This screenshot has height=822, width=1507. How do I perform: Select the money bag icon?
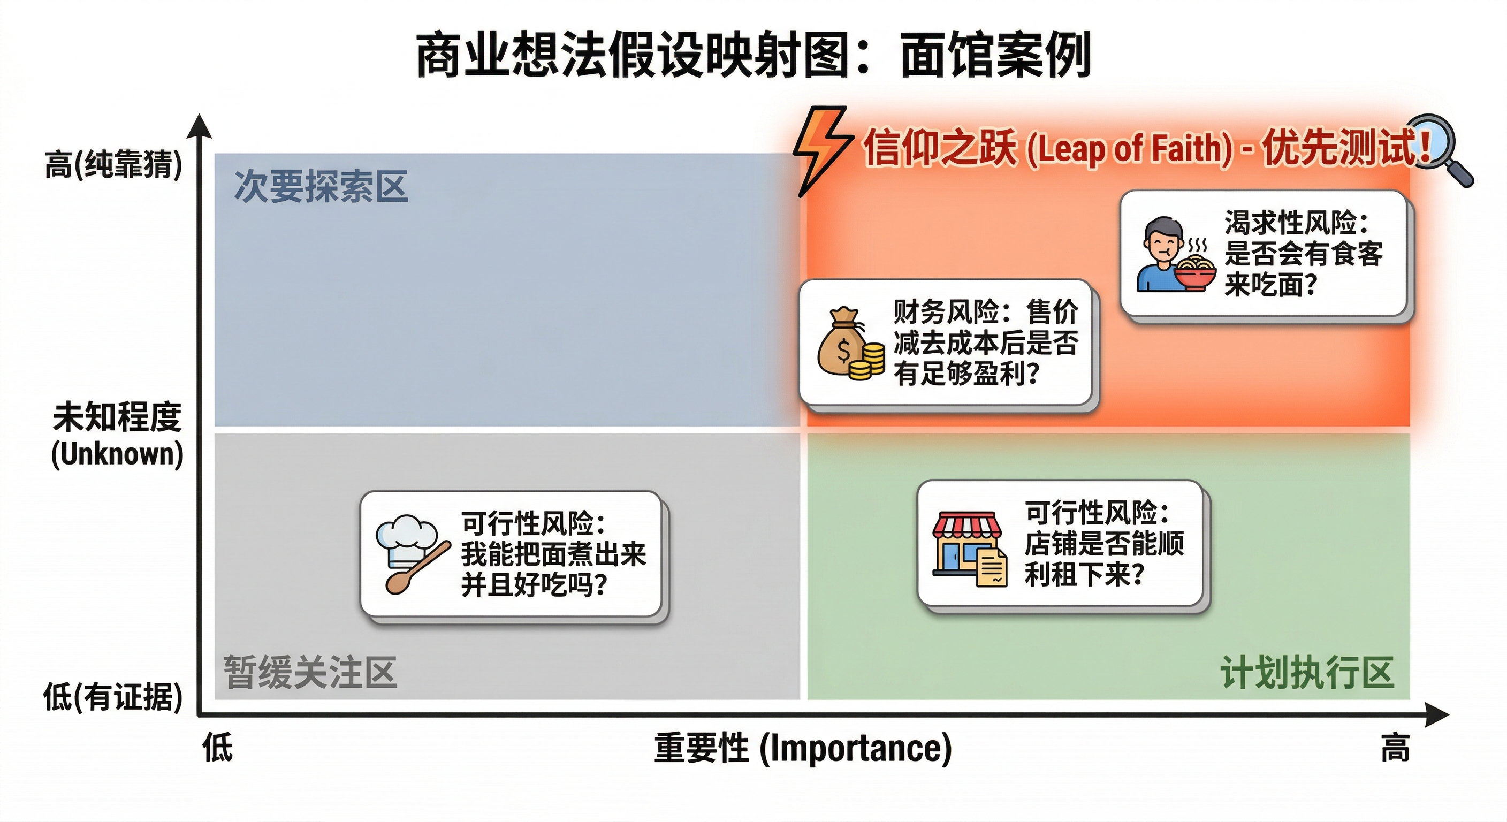point(841,342)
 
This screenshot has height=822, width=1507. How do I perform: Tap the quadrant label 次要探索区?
point(321,187)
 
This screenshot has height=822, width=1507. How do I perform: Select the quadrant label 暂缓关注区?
point(310,672)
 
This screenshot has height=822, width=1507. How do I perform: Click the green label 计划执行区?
point(1306,672)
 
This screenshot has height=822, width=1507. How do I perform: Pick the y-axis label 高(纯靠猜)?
point(113,164)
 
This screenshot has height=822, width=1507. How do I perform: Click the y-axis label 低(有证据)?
point(113,697)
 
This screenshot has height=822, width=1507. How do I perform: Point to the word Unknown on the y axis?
point(117,454)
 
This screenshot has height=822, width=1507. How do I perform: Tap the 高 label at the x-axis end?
point(1395,748)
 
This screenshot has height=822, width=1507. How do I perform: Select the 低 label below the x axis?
point(218,748)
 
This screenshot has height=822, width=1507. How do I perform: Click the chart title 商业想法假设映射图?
point(632,55)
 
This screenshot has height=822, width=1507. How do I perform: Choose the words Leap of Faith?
point(1129,149)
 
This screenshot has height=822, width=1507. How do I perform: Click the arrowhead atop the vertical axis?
point(200,125)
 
